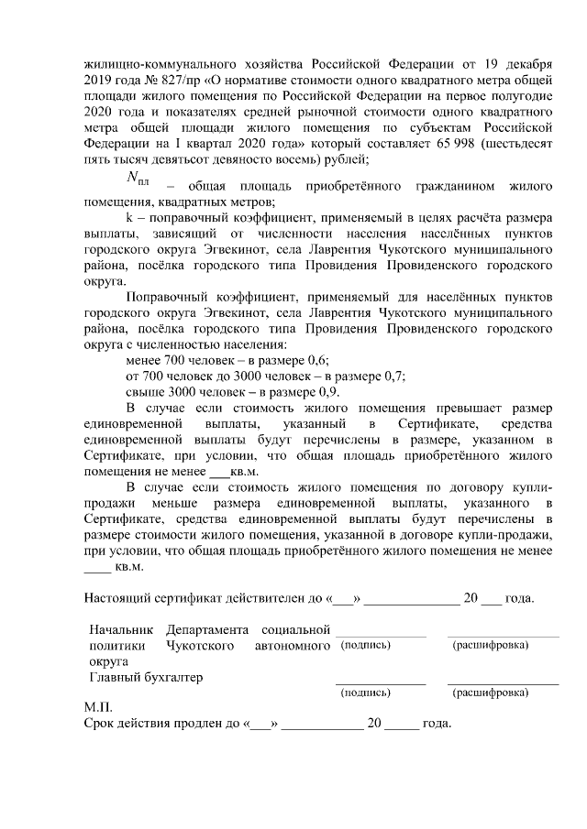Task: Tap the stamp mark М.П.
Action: click(97, 707)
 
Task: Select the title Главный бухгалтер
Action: click(146, 678)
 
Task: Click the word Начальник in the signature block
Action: click(119, 630)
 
